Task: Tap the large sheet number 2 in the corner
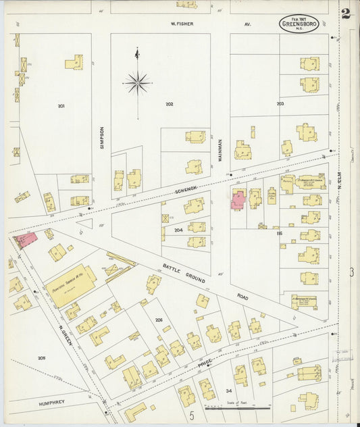click(346, 14)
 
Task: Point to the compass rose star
click(137, 83)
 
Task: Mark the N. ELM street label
click(340, 189)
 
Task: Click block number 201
click(61, 106)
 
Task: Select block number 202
click(169, 103)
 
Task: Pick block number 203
click(280, 103)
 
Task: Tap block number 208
click(41, 357)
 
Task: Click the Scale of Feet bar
click(238, 408)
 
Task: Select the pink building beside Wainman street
click(238, 200)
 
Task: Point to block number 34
click(228, 391)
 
